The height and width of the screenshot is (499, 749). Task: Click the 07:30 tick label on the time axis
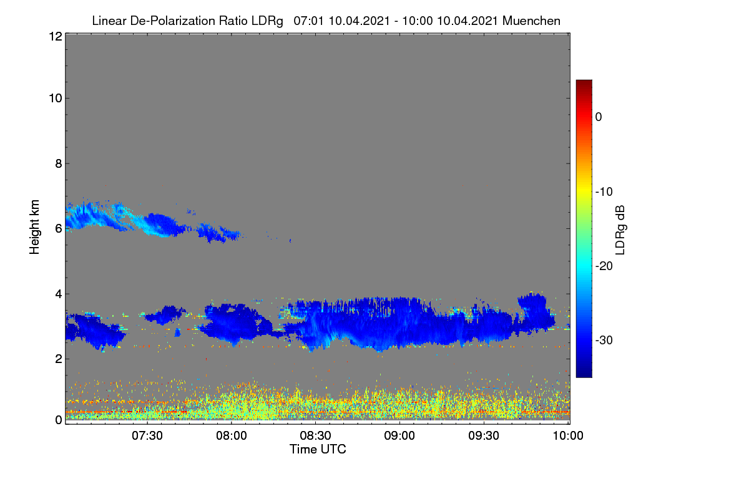pyautogui.click(x=147, y=435)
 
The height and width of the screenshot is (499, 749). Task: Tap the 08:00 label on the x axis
pyautogui.click(x=232, y=435)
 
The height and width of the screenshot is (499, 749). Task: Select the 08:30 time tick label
pyautogui.click(x=315, y=435)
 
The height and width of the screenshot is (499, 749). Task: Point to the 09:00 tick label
pyautogui.click(x=399, y=435)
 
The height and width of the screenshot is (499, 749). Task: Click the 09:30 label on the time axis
pyautogui.click(x=484, y=435)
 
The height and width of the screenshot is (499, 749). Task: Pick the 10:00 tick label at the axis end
pyautogui.click(x=568, y=435)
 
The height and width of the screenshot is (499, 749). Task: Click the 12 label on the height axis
pyautogui.click(x=56, y=36)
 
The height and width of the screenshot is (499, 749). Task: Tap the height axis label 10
pyautogui.click(x=56, y=99)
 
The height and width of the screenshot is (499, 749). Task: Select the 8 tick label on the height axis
pyautogui.click(x=59, y=163)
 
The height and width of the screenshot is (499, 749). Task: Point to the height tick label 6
pyautogui.click(x=59, y=229)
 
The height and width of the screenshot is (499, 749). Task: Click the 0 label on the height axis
pyautogui.click(x=59, y=420)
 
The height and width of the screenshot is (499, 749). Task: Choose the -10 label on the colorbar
pyautogui.click(x=604, y=192)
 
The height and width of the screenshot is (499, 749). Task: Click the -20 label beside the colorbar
pyautogui.click(x=604, y=266)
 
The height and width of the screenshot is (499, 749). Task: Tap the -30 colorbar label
pyautogui.click(x=604, y=340)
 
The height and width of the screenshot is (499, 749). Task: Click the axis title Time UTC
pyautogui.click(x=318, y=449)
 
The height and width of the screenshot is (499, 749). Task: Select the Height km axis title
pyautogui.click(x=34, y=227)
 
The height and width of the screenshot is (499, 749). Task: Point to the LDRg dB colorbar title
pyautogui.click(x=620, y=230)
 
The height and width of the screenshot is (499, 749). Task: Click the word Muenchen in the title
pyautogui.click(x=531, y=21)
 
